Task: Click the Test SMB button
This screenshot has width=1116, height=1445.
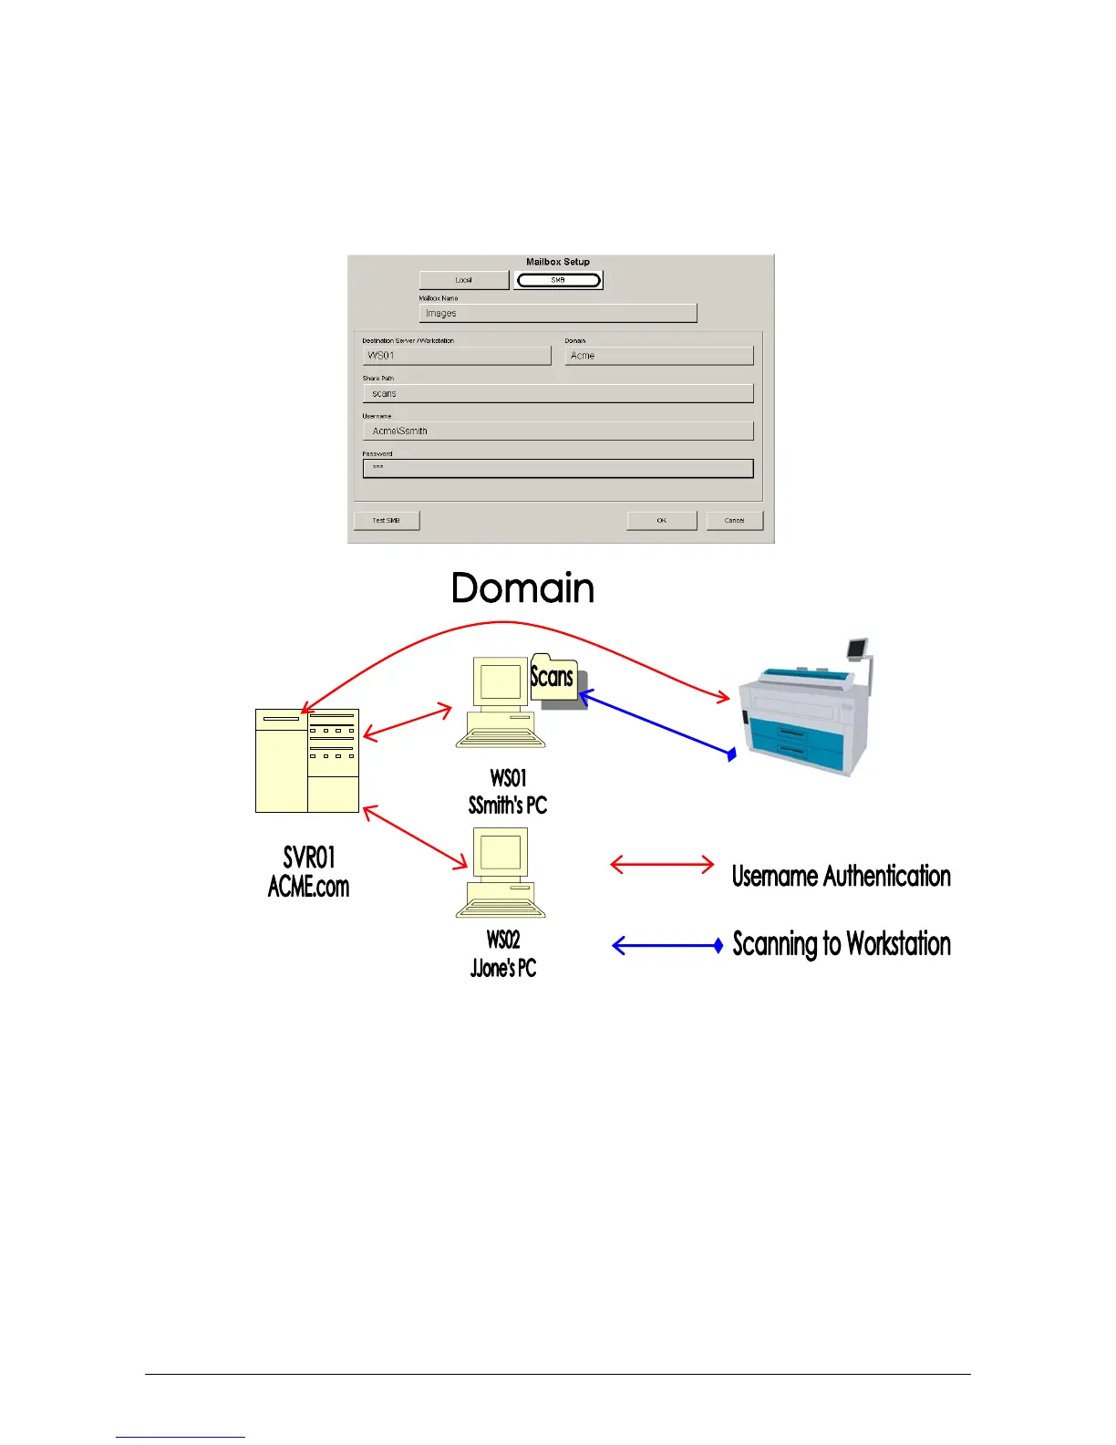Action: pyautogui.click(x=387, y=520)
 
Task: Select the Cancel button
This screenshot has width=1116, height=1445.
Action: pyautogui.click(x=734, y=520)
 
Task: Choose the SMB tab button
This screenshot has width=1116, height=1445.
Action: pyautogui.click(x=558, y=280)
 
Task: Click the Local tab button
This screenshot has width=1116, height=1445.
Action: pyautogui.click(x=464, y=280)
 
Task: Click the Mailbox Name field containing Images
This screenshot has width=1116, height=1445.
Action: pyautogui.click(x=557, y=313)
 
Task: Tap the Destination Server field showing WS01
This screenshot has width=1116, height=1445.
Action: pyautogui.click(x=457, y=356)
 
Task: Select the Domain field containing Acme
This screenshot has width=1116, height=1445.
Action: pyautogui.click(x=658, y=356)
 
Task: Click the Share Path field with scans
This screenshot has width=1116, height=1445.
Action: pyautogui.click(x=557, y=393)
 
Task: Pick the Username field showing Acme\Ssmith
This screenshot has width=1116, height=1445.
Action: pyautogui.click(x=557, y=431)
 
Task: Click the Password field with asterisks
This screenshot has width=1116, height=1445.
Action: pyautogui.click(x=557, y=468)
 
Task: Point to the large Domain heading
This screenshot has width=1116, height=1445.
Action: pyautogui.click(x=522, y=588)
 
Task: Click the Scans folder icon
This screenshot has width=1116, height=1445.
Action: pyautogui.click(x=553, y=677)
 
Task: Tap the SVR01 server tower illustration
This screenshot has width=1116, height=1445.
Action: pyautogui.click(x=307, y=760)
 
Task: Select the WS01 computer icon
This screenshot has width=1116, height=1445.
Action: pyautogui.click(x=501, y=702)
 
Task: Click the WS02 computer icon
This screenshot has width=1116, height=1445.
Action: pyautogui.click(x=501, y=872)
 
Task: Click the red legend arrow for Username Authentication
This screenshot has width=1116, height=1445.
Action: pyautogui.click(x=662, y=864)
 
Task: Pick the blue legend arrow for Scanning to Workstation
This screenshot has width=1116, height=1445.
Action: pyautogui.click(x=667, y=945)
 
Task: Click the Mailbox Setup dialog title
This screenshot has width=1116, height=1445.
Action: pyautogui.click(x=558, y=262)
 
